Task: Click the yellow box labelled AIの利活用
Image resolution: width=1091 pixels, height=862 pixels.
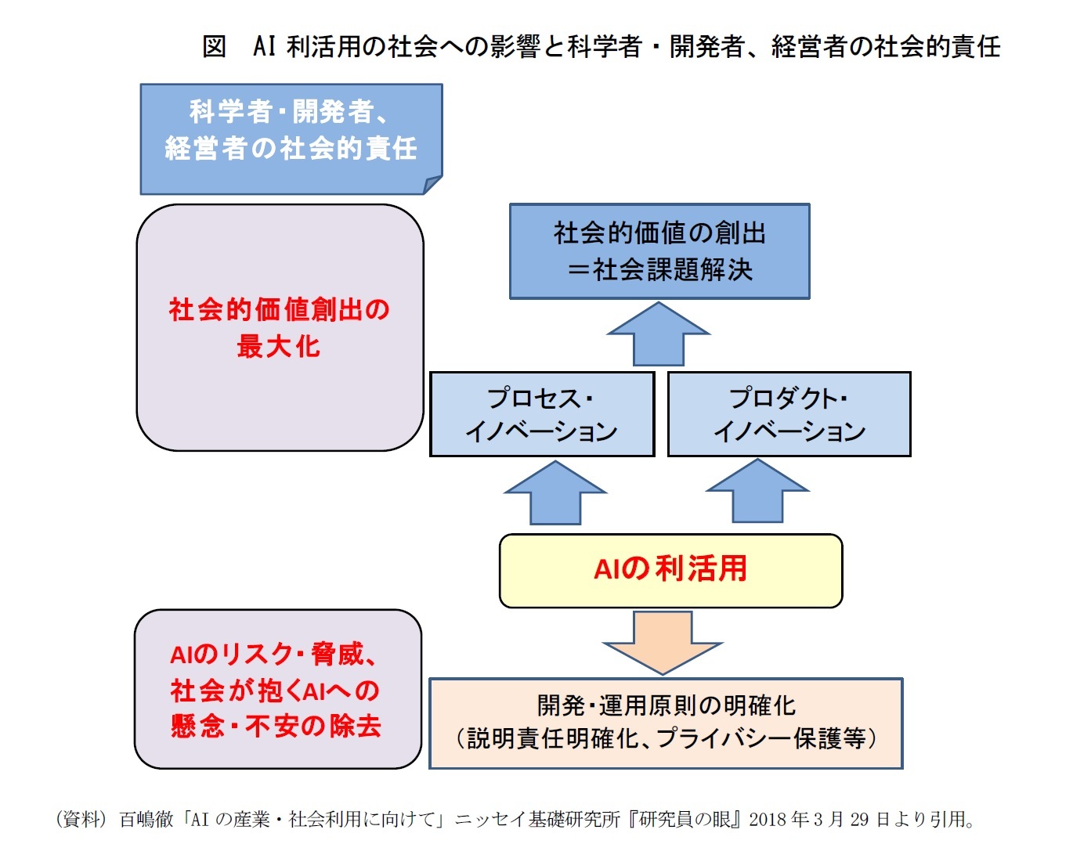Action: (670, 570)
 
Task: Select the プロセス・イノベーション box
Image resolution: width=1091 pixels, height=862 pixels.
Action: (542, 414)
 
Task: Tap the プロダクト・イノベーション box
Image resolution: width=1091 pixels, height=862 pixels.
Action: (789, 414)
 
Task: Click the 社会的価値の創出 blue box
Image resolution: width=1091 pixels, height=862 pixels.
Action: (659, 251)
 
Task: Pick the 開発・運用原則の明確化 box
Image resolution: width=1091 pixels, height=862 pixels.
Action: (666, 723)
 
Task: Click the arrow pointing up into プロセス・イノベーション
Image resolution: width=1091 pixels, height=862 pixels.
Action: (555, 494)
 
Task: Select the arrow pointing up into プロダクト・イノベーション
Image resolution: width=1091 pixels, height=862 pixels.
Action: (757, 492)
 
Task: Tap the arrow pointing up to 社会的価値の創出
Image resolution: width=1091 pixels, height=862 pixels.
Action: (659, 335)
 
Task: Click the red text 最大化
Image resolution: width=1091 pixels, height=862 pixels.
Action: (279, 346)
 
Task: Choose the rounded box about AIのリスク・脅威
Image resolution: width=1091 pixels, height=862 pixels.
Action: (278, 689)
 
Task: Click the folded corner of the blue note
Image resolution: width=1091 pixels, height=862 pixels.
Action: (432, 185)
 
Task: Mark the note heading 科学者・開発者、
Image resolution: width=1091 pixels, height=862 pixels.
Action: (289, 112)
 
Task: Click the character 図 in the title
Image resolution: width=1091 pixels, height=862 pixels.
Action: (214, 47)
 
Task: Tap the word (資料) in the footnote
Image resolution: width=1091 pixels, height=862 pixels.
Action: (81, 820)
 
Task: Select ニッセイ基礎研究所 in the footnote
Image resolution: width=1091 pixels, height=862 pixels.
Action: (537, 820)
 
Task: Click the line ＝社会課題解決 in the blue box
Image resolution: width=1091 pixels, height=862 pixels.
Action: (659, 270)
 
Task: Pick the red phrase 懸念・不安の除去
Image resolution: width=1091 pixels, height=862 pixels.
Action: (276, 727)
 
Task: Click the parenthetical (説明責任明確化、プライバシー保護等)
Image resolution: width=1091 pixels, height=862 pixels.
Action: (666, 738)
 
